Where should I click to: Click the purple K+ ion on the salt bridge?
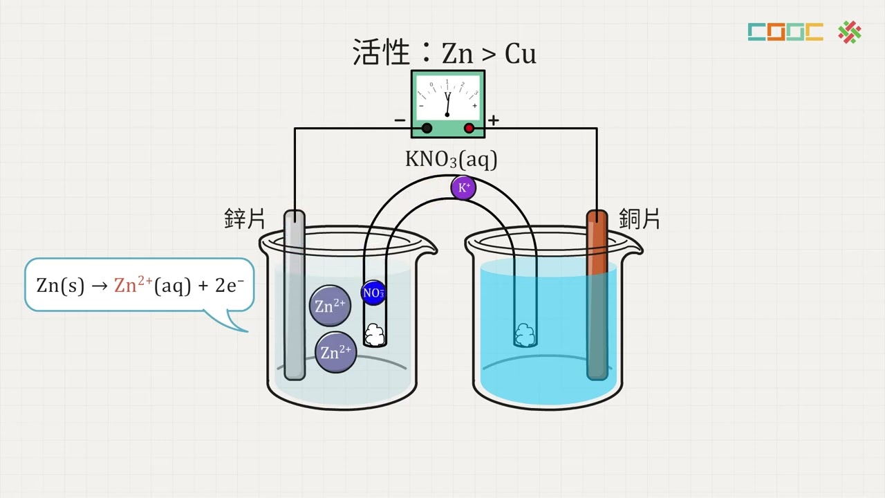click(x=463, y=187)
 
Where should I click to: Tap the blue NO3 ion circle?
click(x=373, y=293)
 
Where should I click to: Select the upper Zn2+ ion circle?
click(x=330, y=306)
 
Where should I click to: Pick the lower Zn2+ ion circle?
click(x=336, y=352)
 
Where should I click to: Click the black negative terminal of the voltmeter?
click(x=427, y=128)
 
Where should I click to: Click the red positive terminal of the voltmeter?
click(x=469, y=128)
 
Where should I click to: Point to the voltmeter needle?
click(x=447, y=104)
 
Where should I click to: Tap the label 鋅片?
click(x=245, y=219)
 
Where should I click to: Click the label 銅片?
click(x=640, y=219)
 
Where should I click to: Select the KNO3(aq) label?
click(x=451, y=159)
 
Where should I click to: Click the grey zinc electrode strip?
click(x=295, y=297)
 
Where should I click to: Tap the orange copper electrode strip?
click(x=597, y=242)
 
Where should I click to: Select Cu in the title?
click(x=520, y=54)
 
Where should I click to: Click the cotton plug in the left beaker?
click(x=375, y=335)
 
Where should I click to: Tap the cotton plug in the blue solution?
click(x=525, y=335)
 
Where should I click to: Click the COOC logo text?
click(x=785, y=32)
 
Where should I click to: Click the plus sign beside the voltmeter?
click(x=493, y=121)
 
